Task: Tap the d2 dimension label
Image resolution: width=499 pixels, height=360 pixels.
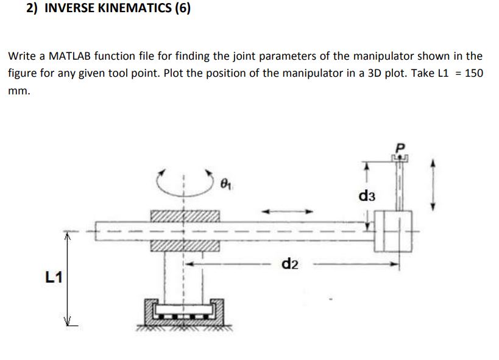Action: tap(290, 264)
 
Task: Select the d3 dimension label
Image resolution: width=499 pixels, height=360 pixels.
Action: tap(367, 197)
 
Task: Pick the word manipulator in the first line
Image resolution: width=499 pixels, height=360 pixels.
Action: tap(382, 56)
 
